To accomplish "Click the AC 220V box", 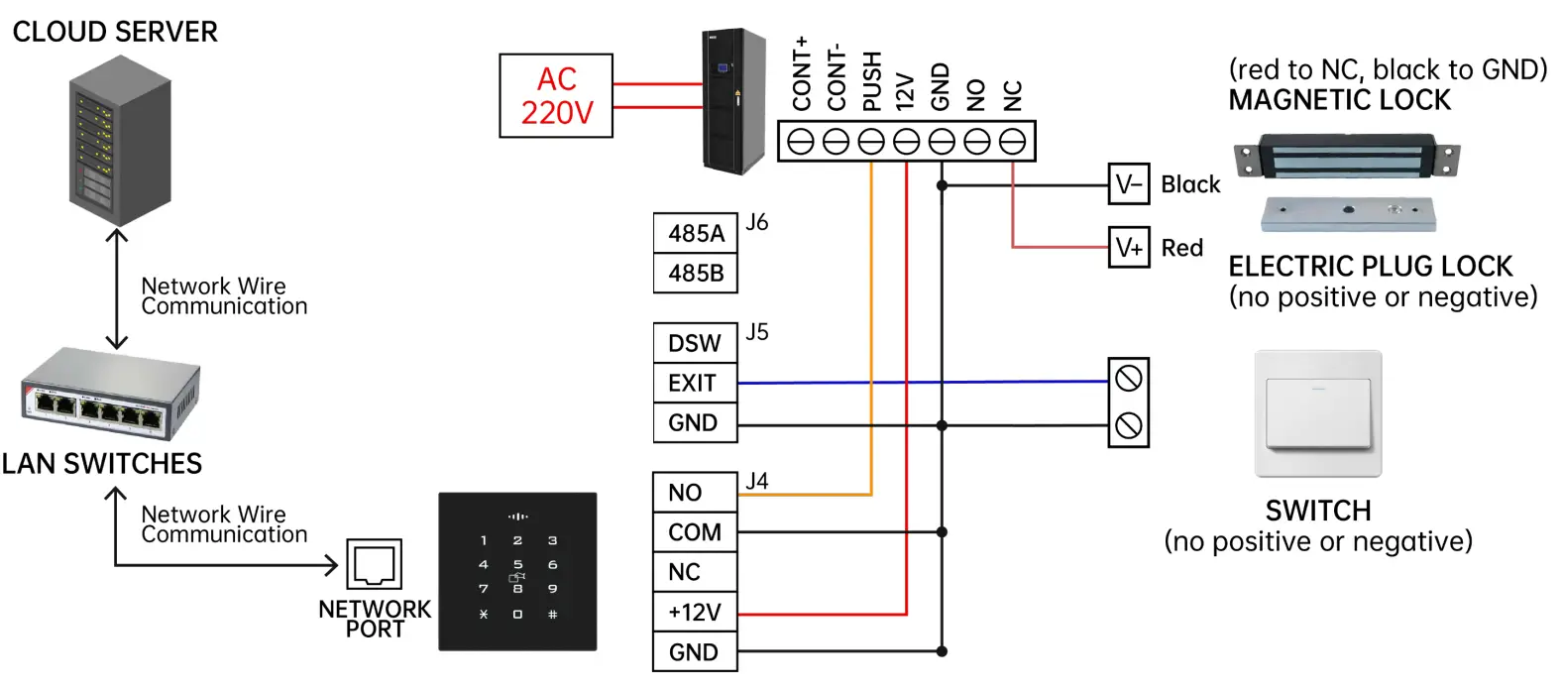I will click(556, 95).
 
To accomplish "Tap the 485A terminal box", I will click(696, 233).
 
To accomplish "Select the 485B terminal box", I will click(696, 273).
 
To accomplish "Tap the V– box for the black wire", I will click(1129, 184).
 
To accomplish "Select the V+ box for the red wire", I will click(1129, 247).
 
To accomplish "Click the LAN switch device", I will click(111, 395).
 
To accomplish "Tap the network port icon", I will click(374, 564).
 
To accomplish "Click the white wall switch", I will click(1318, 412).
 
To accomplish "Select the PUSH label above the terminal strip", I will click(871, 81).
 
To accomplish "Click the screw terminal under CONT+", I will click(800, 142).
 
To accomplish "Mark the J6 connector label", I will click(757, 222).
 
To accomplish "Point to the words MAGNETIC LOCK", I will click(1339, 100).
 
